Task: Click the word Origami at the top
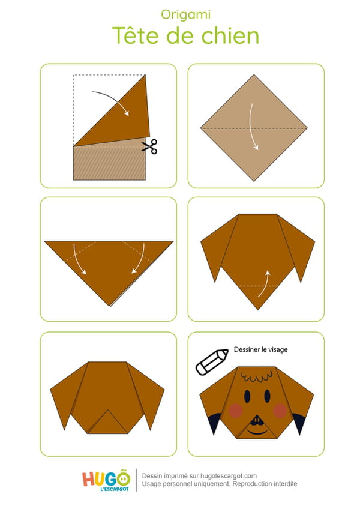click(185, 15)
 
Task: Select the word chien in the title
click(230, 35)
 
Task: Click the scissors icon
click(149, 146)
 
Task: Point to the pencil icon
click(211, 362)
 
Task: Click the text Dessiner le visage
click(260, 349)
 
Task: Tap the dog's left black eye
click(247, 396)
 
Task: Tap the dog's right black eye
click(267, 396)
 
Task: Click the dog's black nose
click(257, 420)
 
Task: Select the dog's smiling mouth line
click(257, 433)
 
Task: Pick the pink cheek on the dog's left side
click(235, 411)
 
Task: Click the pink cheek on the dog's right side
click(280, 411)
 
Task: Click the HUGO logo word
click(106, 479)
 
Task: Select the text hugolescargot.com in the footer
click(228, 476)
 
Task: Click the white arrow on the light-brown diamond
click(253, 127)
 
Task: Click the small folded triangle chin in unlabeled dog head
click(108, 424)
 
